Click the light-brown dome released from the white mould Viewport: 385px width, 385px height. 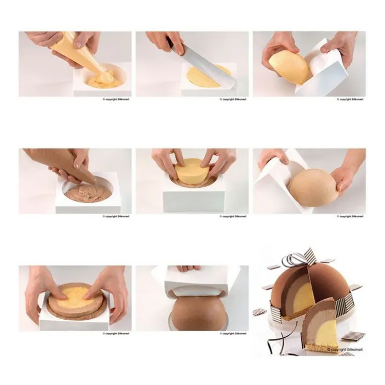pos(311,187)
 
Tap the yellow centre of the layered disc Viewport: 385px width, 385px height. pos(76,297)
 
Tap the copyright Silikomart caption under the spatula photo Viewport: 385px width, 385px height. pos(234,99)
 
